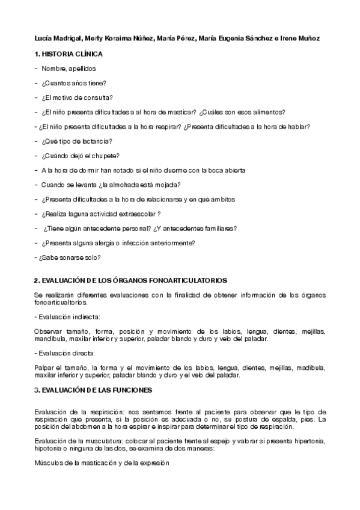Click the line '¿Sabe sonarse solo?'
67,257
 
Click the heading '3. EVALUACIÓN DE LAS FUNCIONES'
93,390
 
